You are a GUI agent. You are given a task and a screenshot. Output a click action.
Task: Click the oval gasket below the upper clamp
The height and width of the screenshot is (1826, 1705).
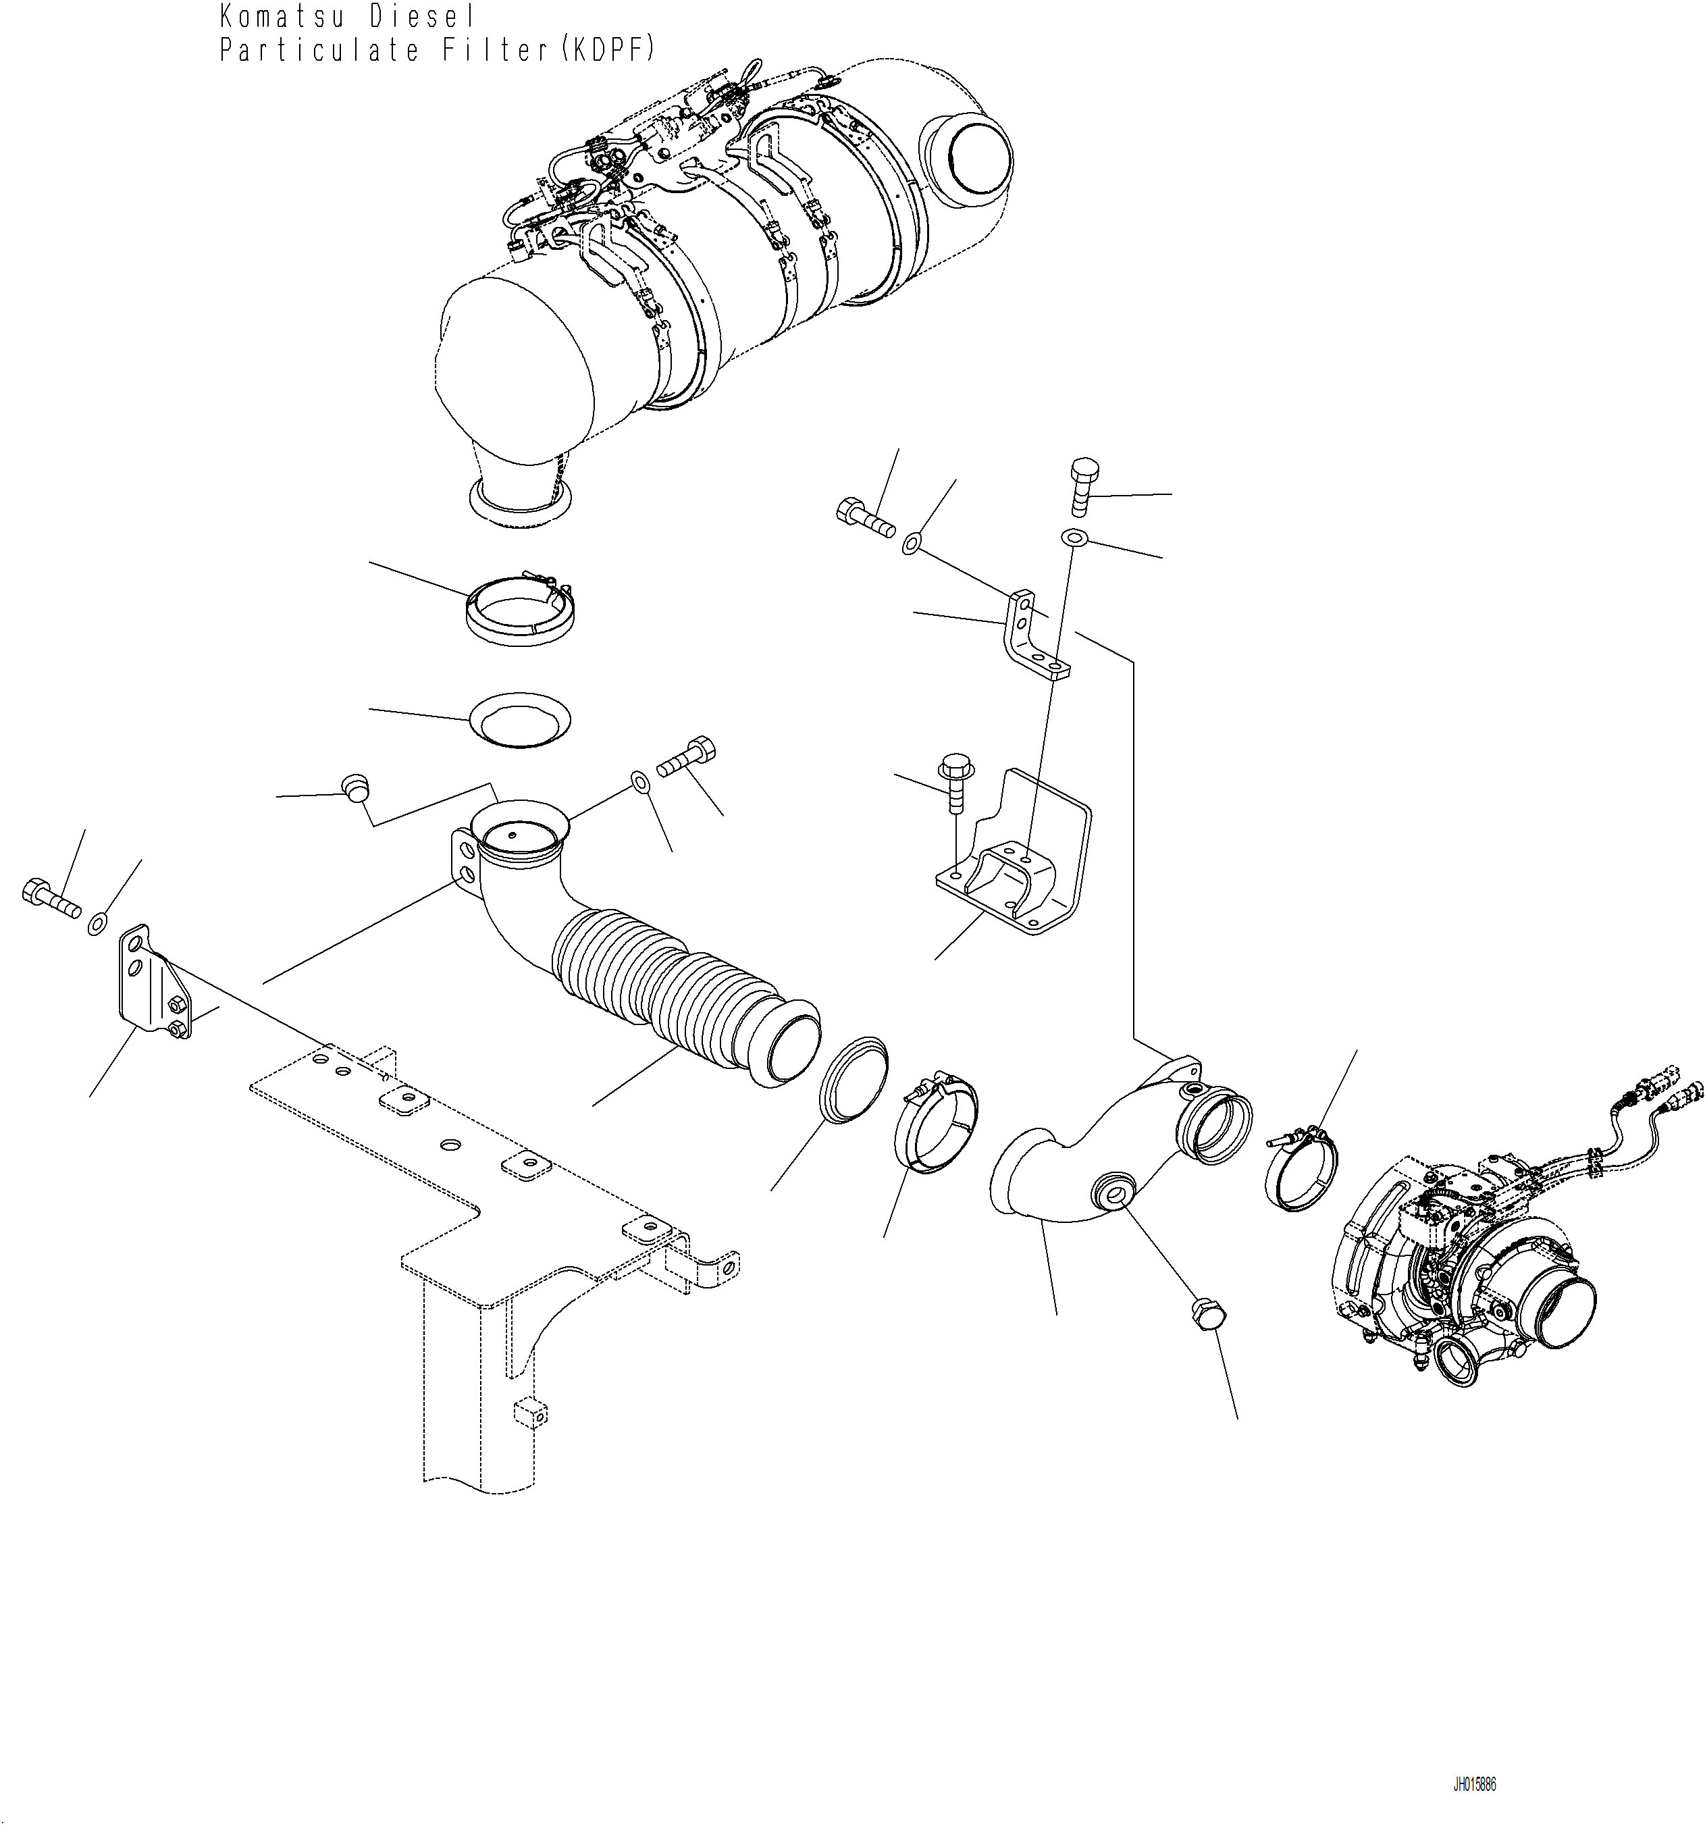[x=520, y=719]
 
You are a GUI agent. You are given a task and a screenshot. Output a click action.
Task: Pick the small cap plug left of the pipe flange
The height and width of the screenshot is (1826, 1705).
[x=355, y=787]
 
